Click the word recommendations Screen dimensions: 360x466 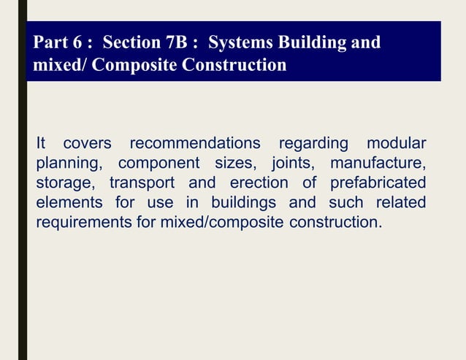194,142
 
